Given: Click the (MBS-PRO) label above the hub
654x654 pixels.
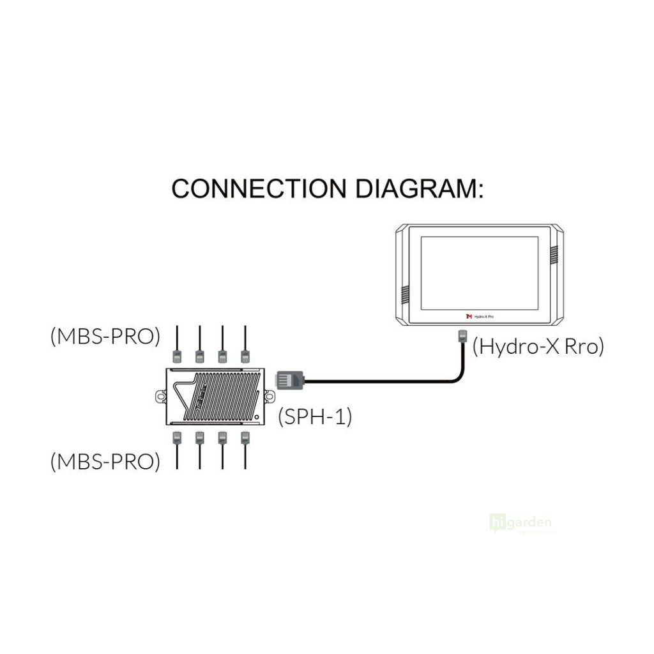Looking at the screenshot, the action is point(105,337).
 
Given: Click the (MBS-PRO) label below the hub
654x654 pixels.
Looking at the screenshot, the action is point(105,461).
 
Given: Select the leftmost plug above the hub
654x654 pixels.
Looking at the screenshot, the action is point(177,356).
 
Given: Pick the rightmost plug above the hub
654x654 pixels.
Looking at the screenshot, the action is point(244,356).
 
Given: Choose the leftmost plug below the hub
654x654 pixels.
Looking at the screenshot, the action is point(177,438).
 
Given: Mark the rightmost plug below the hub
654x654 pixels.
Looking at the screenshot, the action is point(244,438).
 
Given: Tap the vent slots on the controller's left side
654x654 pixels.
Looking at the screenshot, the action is point(404,294).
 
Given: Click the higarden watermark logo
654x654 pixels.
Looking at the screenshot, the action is point(520,523).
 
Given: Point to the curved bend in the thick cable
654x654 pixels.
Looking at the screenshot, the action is point(455,377).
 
